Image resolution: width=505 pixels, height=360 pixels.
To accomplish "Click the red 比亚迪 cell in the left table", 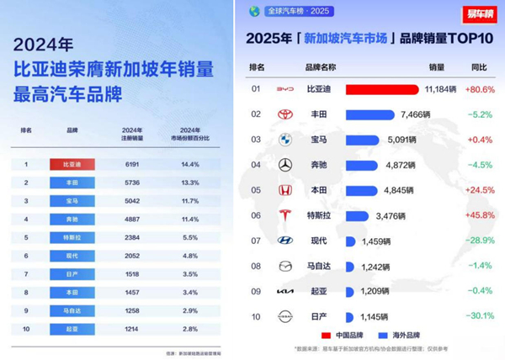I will (72, 165).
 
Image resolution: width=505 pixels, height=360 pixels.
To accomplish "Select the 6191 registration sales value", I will (131, 165).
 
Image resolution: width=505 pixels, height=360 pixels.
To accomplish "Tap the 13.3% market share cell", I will (190, 183).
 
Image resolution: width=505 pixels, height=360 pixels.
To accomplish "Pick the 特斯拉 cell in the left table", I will (72, 237).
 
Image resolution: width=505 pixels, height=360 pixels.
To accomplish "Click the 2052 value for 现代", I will (131, 256).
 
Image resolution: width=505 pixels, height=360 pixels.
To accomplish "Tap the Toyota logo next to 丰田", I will (285, 114).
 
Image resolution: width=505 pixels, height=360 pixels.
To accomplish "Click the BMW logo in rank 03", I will (285, 140).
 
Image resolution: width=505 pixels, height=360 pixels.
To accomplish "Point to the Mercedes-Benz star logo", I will (285, 165).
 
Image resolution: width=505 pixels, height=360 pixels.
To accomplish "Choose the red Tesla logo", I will (285, 215).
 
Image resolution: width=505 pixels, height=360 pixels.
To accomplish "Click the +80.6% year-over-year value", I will (481, 89).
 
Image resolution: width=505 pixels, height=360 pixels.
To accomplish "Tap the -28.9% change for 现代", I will (481, 241).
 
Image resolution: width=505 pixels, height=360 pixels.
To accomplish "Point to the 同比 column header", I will (480, 66).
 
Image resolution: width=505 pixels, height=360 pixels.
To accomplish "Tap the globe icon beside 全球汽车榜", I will (254, 11).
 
